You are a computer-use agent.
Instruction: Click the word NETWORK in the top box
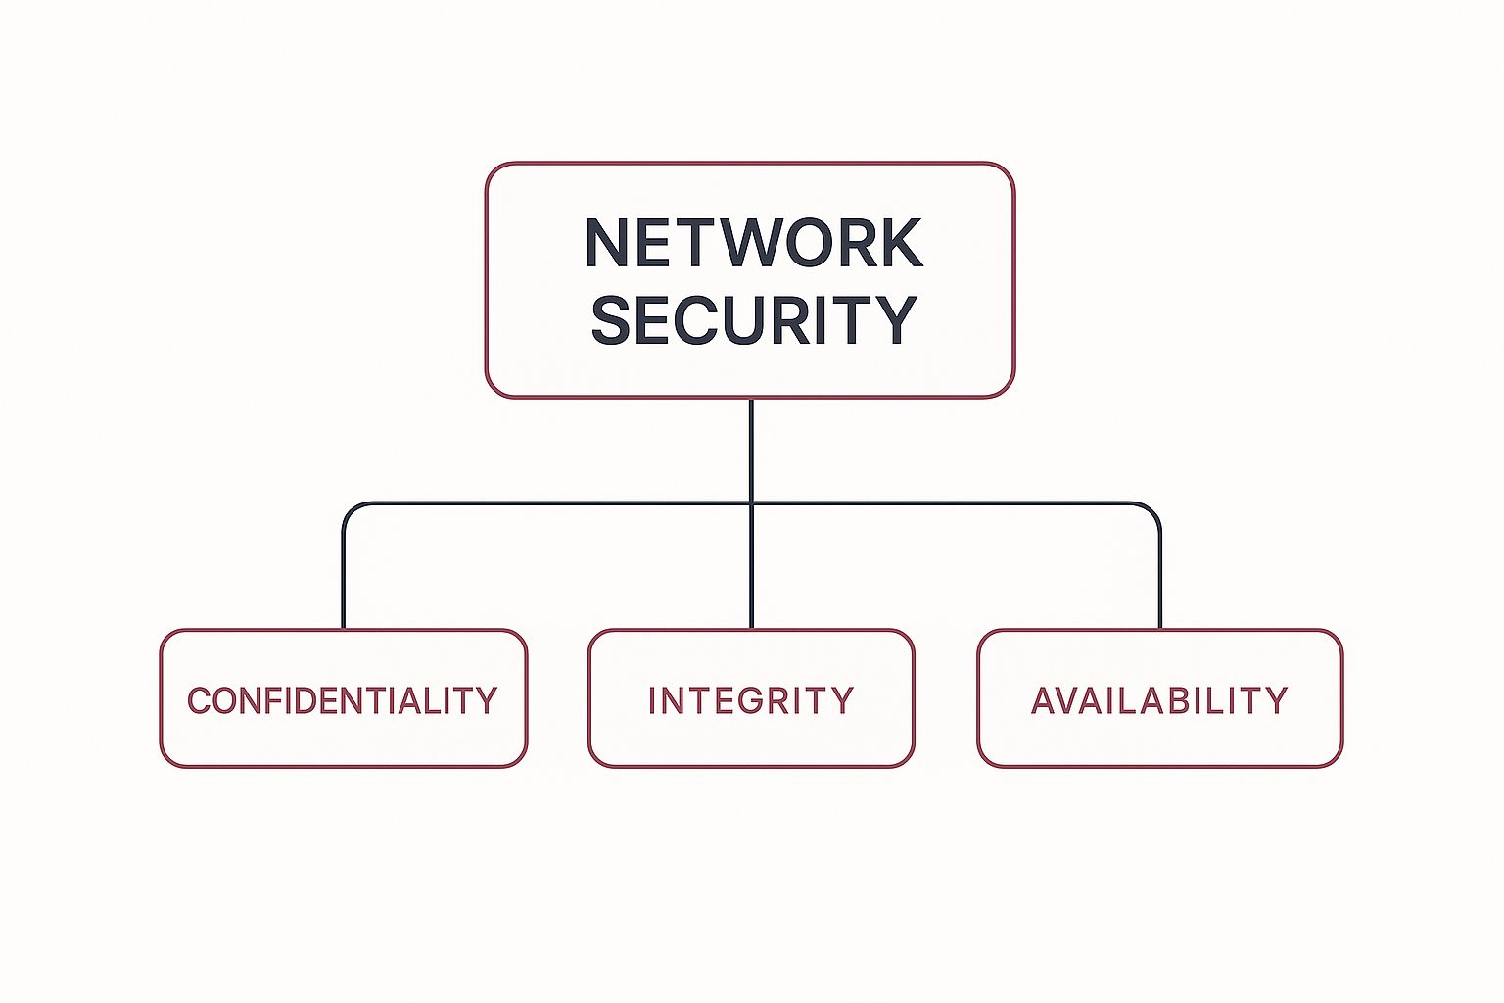tap(753, 243)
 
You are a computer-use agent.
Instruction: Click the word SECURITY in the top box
tap(753, 319)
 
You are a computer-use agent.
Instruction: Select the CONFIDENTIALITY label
tap(343, 700)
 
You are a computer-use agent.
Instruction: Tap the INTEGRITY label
tap(751, 700)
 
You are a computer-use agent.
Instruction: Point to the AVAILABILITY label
tap(1159, 700)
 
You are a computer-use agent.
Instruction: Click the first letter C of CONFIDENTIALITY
tap(199, 700)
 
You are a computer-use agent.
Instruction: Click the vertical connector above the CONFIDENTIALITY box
tap(344, 578)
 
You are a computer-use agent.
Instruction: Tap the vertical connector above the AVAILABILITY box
tap(1160, 578)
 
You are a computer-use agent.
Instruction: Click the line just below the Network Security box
tap(751, 441)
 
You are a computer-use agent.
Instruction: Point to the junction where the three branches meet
tap(751, 503)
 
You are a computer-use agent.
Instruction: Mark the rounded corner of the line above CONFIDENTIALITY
tap(350, 509)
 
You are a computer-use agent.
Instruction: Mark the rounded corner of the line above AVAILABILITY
tap(1154, 509)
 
